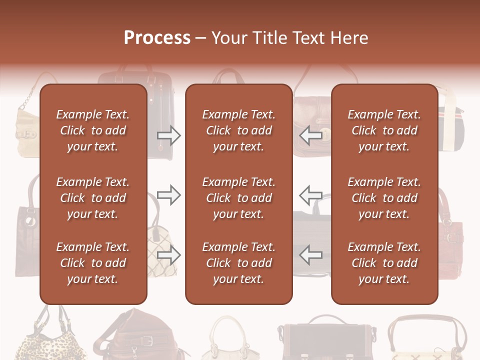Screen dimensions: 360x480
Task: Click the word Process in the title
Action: tap(157, 37)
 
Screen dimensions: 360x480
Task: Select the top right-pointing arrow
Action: tap(168, 135)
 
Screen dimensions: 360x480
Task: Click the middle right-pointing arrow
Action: tap(168, 195)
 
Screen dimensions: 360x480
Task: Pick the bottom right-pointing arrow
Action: tap(168, 255)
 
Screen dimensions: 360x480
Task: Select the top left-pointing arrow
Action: tap(311, 135)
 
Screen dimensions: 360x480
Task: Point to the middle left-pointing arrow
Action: tap(311, 195)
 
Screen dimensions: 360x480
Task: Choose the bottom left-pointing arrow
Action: tap(311, 255)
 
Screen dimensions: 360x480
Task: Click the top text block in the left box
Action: tap(93, 130)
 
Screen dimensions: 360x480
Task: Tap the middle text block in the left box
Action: tap(93, 198)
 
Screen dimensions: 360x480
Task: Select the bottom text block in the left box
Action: tap(93, 263)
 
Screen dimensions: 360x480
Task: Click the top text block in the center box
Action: tap(238, 130)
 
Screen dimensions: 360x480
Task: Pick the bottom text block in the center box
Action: tap(238, 263)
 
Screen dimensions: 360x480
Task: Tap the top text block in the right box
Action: tap(384, 130)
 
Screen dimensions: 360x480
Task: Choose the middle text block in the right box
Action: tap(384, 198)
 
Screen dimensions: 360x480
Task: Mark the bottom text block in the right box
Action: tap(384, 263)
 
